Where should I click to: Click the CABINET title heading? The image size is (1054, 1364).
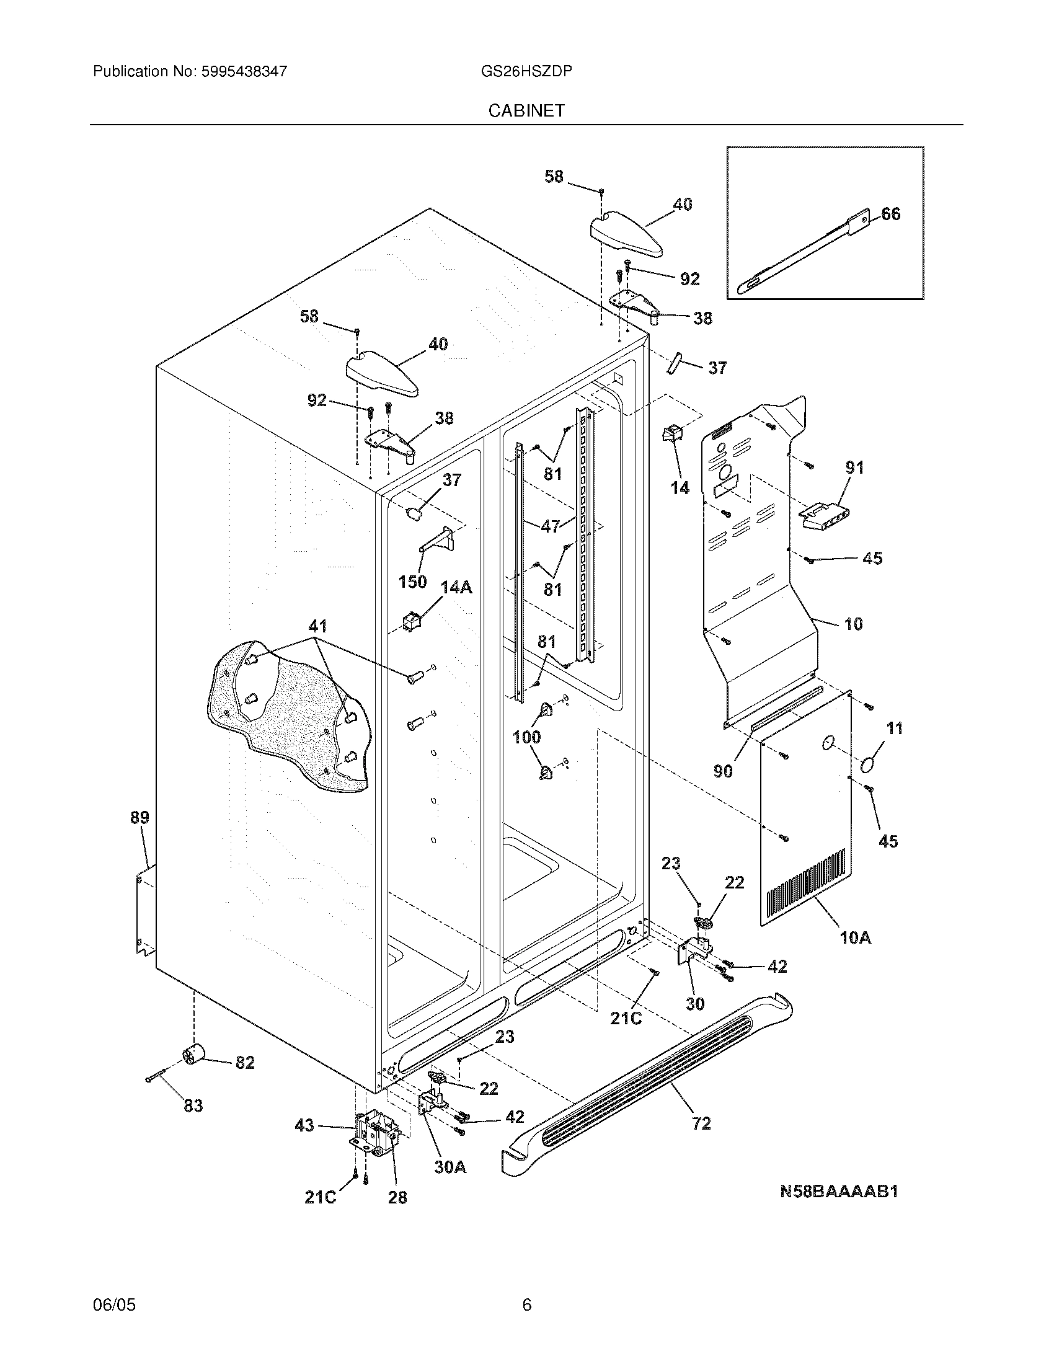coord(526,110)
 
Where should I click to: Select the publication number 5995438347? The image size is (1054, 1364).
coord(244,71)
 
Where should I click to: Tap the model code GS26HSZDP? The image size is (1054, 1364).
coord(526,71)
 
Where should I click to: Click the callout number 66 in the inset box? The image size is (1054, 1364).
coord(890,215)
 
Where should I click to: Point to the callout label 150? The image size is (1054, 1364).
coord(412,582)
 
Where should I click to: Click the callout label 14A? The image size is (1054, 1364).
coord(456,587)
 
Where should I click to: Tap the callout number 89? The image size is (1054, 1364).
coord(140,817)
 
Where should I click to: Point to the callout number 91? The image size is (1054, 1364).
coord(854,467)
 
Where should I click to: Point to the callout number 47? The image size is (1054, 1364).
coord(550,526)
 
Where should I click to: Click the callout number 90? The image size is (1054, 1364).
coord(722,771)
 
